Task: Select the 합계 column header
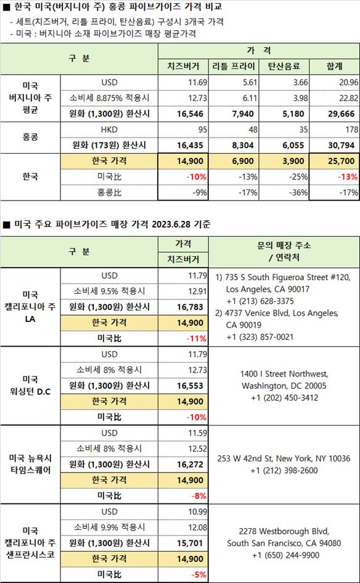(337, 66)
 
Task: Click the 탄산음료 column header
(286, 66)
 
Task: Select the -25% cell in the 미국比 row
(297, 177)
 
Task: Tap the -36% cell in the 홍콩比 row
(297, 192)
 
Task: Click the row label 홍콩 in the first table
(30, 138)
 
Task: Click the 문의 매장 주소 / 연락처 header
(284, 251)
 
